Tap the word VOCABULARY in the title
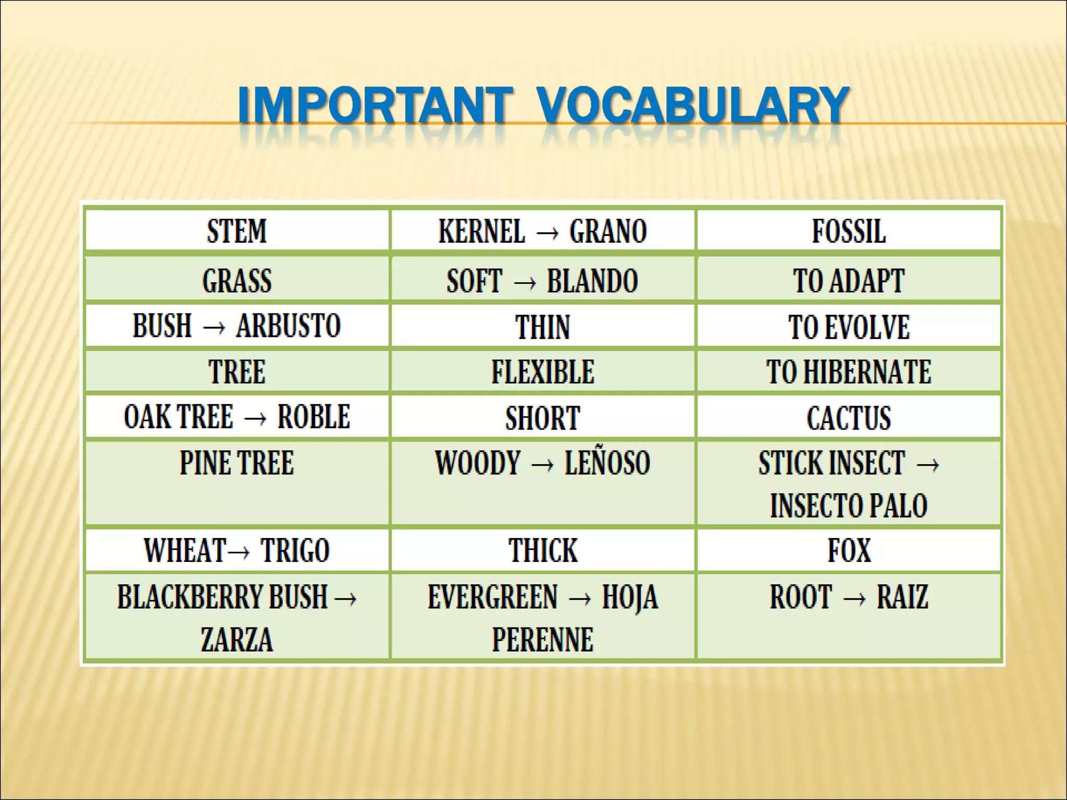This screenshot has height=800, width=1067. click(693, 106)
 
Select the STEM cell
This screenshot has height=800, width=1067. click(237, 231)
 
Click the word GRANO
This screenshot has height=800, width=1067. click(608, 231)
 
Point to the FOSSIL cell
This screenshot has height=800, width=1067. click(849, 231)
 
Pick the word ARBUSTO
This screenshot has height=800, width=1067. click(289, 326)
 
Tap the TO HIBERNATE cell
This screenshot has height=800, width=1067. click(849, 372)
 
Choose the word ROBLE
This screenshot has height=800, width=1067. click(314, 417)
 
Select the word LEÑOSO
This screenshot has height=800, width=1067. click(607, 463)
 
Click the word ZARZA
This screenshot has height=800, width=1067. click(237, 640)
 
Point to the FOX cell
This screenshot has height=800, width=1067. click(849, 550)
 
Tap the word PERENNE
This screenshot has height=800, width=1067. click(542, 640)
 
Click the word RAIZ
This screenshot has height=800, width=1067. click(902, 597)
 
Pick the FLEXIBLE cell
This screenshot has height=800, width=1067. click(542, 372)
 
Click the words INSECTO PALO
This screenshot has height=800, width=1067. click(849, 505)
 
